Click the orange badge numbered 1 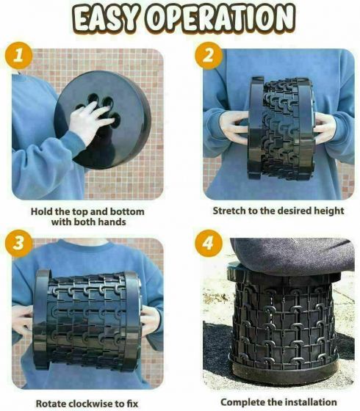pos(18,55)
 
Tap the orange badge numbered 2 pos(209,55)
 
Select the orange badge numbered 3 pos(18,243)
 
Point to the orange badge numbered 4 pos(209,243)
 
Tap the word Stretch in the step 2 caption pos(229,211)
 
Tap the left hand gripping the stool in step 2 pos(234,128)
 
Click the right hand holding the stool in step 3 pos(151,321)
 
